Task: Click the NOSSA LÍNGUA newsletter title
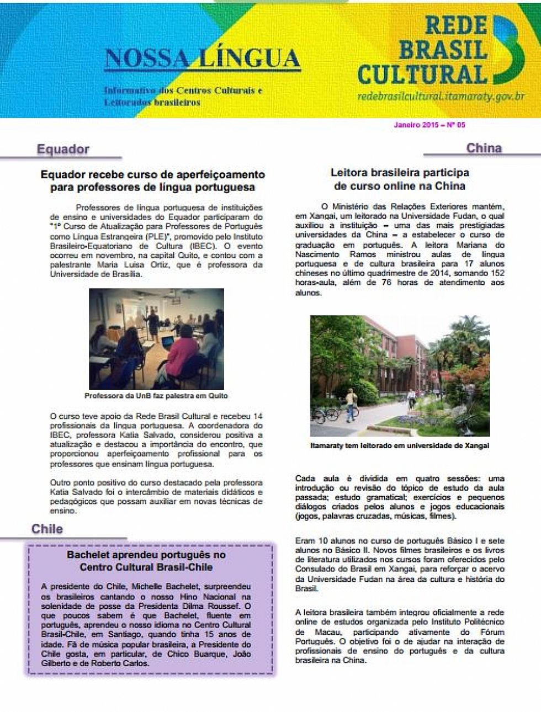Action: point(202,59)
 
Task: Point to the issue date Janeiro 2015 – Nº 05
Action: point(429,125)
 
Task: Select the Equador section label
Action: point(63,149)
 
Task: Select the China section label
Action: point(484,148)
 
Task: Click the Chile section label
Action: point(47,529)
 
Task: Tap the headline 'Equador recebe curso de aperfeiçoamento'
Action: point(152,180)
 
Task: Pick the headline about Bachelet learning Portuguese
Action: point(146,561)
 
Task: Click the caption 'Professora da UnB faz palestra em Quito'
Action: point(156,396)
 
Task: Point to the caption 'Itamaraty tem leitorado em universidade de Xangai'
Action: point(400,445)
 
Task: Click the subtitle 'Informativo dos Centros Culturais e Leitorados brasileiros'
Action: point(182,97)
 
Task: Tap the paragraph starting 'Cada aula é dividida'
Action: point(400,497)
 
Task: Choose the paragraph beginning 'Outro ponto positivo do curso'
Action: point(156,496)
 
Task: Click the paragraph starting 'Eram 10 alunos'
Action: point(400,564)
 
